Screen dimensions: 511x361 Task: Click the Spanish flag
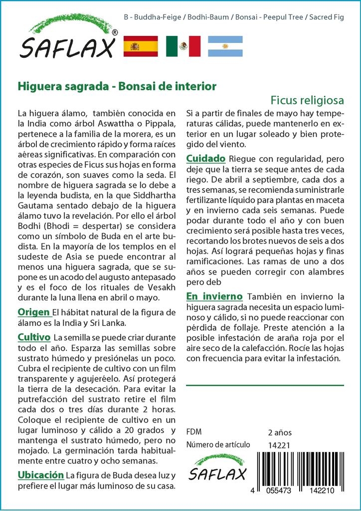[140, 46]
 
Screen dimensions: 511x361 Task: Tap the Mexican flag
[183, 46]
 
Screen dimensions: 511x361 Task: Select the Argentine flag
[225, 46]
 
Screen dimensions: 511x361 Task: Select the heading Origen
[34, 312]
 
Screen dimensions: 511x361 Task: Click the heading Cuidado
[206, 159]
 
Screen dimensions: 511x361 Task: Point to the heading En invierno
[214, 296]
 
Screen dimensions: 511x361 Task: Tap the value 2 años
[280, 432]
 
